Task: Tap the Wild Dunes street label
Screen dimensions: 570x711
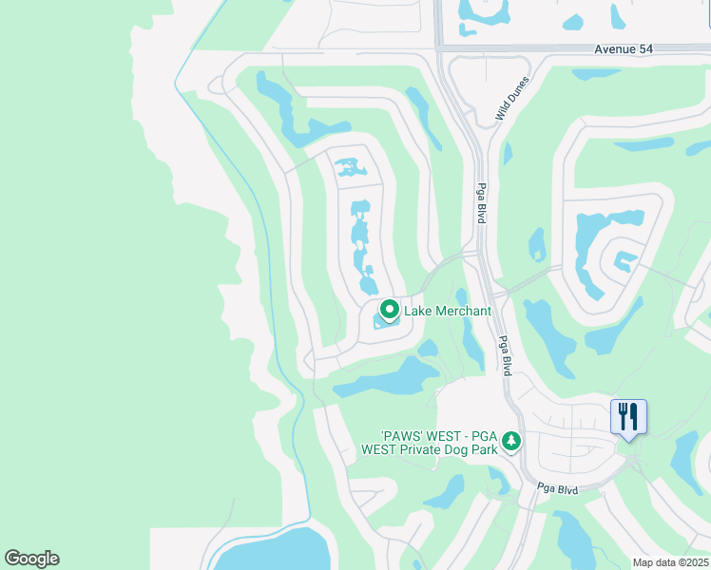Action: (x=511, y=99)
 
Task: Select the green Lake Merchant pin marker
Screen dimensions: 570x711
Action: (x=389, y=310)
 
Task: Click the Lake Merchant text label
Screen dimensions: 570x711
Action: (x=448, y=311)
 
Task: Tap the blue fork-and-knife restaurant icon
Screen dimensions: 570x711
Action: (x=628, y=416)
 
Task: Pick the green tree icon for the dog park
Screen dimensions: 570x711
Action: (x=511, y=441)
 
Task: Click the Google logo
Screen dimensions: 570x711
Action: (x=31, y=559)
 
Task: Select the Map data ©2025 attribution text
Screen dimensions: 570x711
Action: (x=670, y=562)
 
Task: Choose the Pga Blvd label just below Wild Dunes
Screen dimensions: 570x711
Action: (x=482, y=203)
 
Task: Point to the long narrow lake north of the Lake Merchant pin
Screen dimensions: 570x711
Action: (x=361, y=242)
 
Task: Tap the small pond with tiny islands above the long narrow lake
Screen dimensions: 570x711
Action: (x=350, y=169)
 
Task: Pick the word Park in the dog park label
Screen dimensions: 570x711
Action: (x=486, y=449)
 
